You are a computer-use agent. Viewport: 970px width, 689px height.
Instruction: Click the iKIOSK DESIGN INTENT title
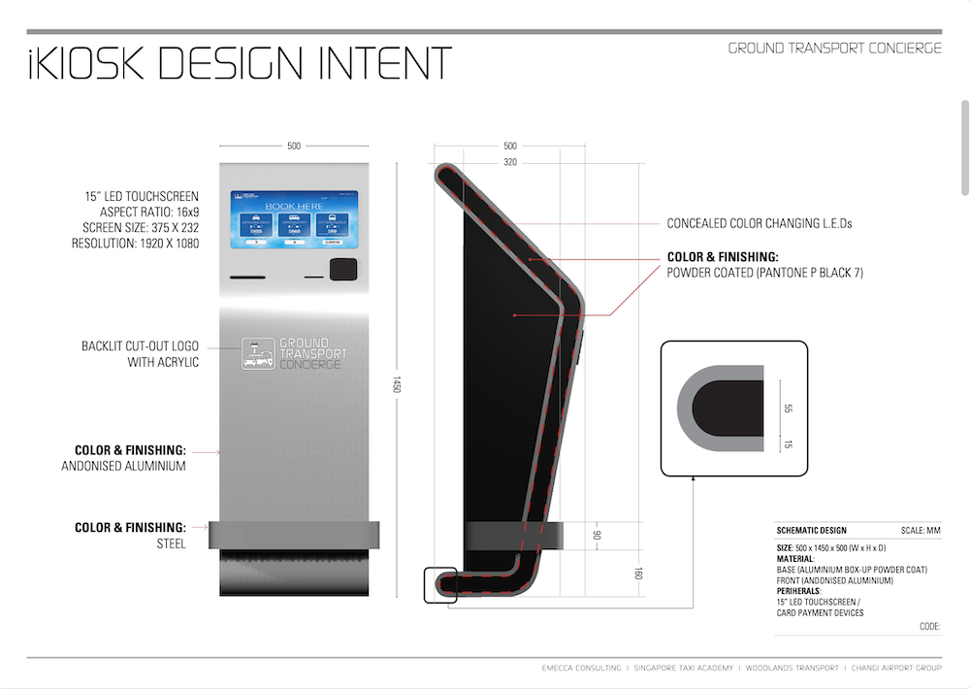[x=239, y=63]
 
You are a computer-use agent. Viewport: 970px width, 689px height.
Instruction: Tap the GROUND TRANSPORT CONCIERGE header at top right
[x=834, y=49]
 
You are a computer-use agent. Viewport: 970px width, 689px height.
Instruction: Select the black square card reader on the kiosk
[x=340, y=270]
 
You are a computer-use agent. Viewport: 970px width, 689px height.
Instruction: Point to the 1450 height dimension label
[x=397, y=384]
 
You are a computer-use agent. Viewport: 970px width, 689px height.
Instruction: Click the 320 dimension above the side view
[x=510, y=162]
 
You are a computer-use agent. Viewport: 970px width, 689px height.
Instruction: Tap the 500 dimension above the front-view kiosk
[x=294, y=147]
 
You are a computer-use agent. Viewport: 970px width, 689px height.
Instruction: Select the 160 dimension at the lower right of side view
[x=637, y=574]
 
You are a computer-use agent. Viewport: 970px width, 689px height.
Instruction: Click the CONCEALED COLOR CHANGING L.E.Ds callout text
[x=760, y=223]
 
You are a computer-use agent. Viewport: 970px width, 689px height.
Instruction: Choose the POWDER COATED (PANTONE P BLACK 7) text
[x=764, y=274]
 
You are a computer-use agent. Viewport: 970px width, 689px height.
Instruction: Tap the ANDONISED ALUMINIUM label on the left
[x=122, y=466]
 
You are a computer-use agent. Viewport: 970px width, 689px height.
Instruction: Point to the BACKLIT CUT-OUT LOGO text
[x=140, y=345]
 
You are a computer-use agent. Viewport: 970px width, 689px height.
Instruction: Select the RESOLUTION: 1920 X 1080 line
[x=135, y=244]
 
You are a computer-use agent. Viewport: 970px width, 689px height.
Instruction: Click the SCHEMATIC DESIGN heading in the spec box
[x=811, y=531]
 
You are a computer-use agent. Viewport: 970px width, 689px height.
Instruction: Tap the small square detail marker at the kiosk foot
[x=439, y=585]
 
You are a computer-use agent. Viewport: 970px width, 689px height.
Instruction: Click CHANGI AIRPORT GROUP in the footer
[x=893, y=668]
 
